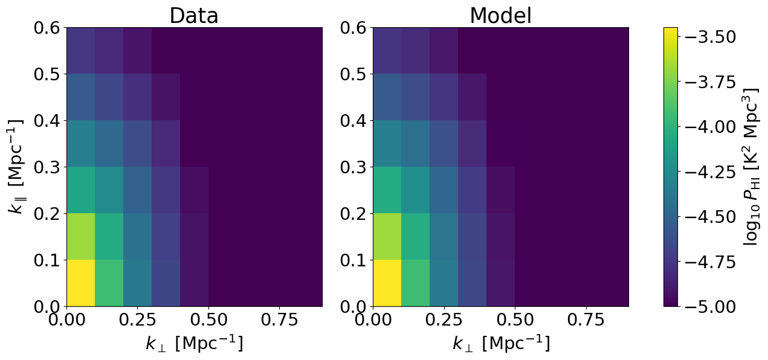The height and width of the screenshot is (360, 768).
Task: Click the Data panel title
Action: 194,16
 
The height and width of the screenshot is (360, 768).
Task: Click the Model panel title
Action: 500,16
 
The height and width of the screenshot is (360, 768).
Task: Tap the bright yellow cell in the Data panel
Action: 80,283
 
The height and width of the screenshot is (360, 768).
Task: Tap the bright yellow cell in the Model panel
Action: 387,283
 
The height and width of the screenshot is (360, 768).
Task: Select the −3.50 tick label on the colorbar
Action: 711,37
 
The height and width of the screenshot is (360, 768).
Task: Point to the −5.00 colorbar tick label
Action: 711,306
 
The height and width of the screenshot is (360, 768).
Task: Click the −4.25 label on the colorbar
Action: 711,172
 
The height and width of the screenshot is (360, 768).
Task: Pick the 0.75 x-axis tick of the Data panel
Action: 279,320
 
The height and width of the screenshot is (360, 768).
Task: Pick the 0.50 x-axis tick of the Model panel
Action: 515,320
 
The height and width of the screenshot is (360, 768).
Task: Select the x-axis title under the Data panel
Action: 195,344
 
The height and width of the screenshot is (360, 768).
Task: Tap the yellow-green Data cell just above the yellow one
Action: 80,237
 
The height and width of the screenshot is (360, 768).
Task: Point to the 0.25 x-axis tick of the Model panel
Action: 444,320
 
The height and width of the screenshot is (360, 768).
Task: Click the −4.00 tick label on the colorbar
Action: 711,127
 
